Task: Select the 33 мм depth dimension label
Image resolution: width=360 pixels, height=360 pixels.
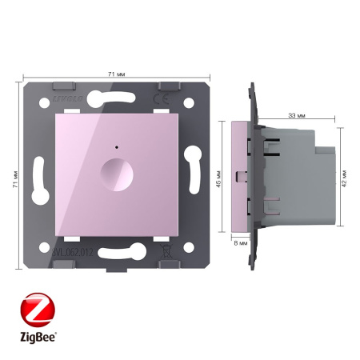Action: point(294,116)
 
